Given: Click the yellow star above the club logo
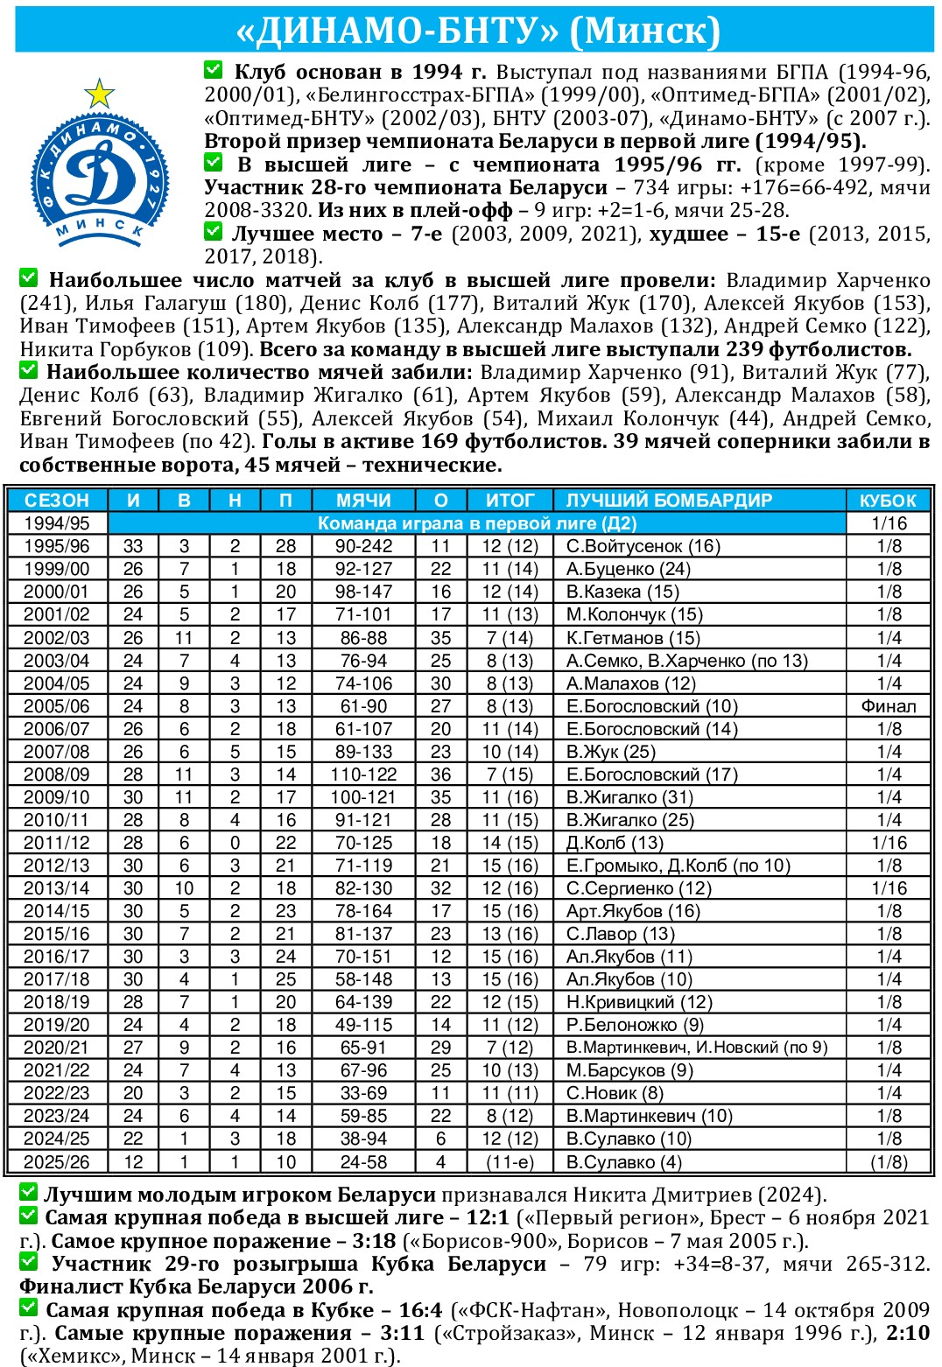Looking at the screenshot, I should click(x=99, y=93).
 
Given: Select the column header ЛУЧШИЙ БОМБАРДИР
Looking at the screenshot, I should click(x=669, y=500).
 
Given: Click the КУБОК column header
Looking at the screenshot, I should click(x=888, y=500).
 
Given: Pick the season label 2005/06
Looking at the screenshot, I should click(x=56, y=706).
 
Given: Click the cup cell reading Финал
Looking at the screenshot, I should click(x=889, y=706).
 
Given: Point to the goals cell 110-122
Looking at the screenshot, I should click(x=363, y=775).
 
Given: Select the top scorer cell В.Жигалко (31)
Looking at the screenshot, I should click(x=629, y=797).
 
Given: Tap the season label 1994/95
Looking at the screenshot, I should click(x=56, y=523).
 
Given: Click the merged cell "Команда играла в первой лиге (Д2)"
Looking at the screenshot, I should click(x=476, y=523).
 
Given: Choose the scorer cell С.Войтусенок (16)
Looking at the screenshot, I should click(x=643, y=546).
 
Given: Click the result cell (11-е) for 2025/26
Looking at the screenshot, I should click(x=510, y=1162).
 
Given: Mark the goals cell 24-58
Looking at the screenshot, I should click(x=363, y=1162).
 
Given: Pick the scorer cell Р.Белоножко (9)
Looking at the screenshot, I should click(x=635, y=1025).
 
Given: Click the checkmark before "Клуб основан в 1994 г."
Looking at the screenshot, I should click(x=213, y=69).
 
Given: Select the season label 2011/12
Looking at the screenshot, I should click(x=56, y=843).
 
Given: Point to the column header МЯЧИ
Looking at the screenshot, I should click(x=363, y=500).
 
